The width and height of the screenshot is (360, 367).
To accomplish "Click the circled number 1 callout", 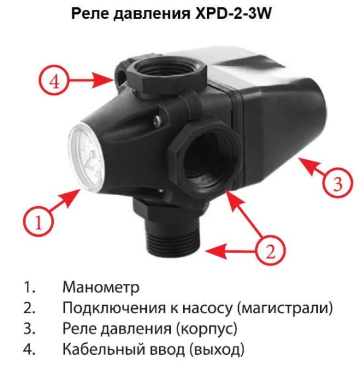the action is (38, 221).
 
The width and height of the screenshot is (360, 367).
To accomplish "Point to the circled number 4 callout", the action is (54, 81).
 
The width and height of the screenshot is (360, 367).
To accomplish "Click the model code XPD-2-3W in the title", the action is (233, 13).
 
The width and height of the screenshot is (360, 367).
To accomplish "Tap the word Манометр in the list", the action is (101, 287).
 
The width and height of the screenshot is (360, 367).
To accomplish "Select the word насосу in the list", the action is (208, 308).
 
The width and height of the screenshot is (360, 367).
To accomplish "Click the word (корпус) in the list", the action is (207, 329).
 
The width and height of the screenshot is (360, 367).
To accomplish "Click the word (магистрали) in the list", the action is (285, 308).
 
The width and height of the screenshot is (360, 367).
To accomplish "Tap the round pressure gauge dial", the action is (86, 158).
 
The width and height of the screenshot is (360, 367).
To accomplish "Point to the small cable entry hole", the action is (121, 74).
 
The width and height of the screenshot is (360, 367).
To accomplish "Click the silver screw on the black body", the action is (157, 120).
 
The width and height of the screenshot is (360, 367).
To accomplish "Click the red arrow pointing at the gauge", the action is (65, 199).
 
